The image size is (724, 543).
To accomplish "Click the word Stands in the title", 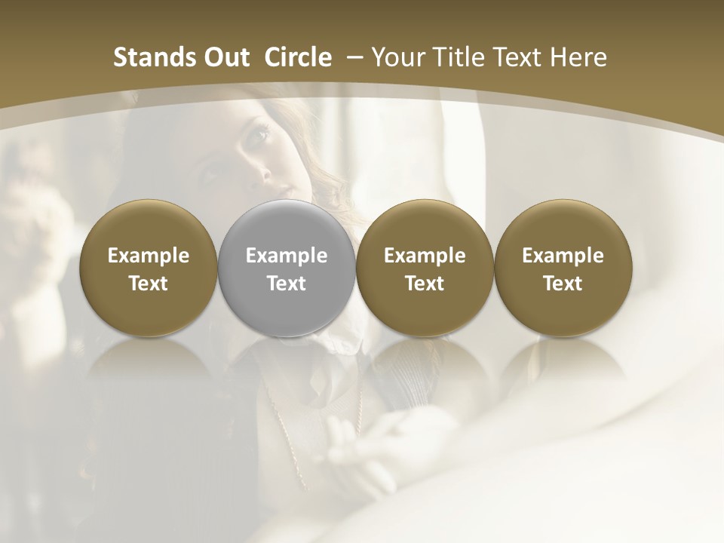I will click(x=152, y=57).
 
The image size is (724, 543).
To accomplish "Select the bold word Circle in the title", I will click(x=298, y=57).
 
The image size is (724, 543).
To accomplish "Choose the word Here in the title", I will click(x=580, y=57).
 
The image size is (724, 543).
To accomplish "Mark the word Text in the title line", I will click(x=520, y=57).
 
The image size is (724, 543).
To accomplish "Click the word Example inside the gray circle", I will click(x=287, y=256).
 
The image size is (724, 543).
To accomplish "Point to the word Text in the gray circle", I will click(x=287, y=284).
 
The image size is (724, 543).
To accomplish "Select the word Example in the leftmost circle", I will click(x=148, y=256).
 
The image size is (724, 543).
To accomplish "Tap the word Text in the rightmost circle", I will click(x=563, y=284).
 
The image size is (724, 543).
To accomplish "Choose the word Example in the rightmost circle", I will click(x=563, y=256).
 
